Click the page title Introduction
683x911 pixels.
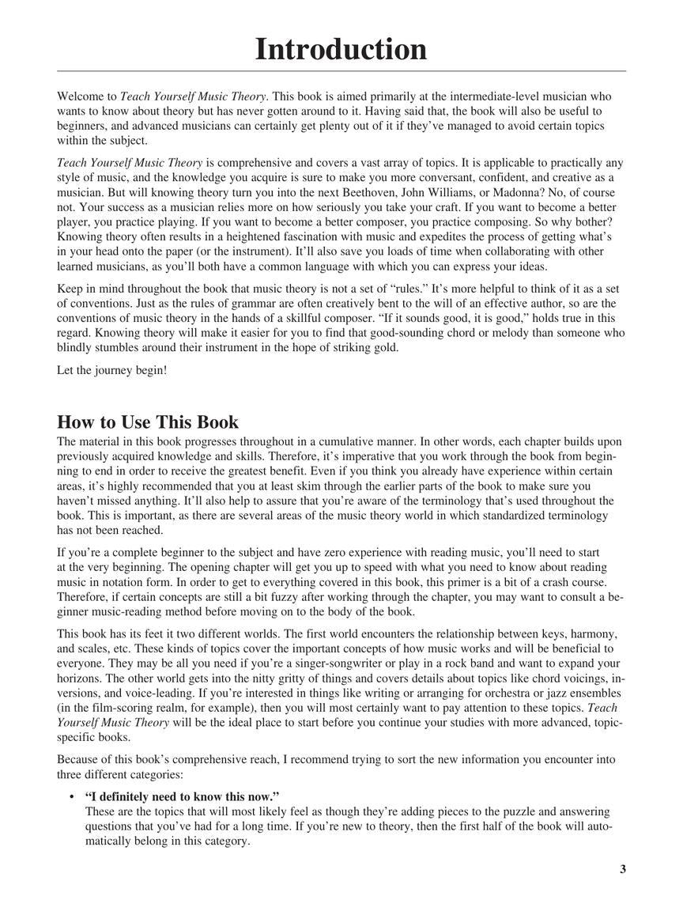[x=341, y=49]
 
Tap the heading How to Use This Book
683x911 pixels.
[x=148, y=421]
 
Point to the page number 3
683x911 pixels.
[x=623, y=870]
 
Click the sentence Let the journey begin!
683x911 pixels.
[x=111, y=369]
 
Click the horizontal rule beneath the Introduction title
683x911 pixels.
[x=341, y=72]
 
